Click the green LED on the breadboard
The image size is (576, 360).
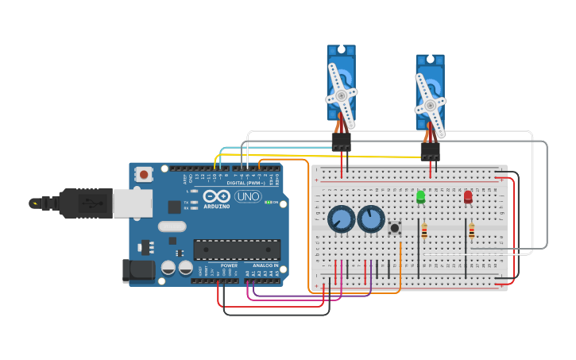pos(420,196)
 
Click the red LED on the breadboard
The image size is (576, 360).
pos(468,196)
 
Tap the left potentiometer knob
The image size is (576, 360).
pos(341,219)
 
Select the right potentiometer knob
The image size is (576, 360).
pos(371,219)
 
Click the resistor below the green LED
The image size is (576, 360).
pos(424,231)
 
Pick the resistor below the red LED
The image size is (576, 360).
pos(471,231)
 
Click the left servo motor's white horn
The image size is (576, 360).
pos(342,95)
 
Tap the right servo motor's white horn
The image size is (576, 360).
pos(431,104)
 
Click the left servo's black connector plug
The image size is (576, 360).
pos(341,141)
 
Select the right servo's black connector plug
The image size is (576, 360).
pos(430,150)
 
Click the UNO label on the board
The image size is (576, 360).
pos(248,196)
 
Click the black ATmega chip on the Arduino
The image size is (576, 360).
pos(237,250)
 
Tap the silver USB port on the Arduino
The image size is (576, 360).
pos(132,203)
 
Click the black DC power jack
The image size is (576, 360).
pos(138,270)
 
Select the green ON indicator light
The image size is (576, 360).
pos(268,202)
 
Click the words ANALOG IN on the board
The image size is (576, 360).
pos(265,265)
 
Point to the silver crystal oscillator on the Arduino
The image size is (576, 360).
pos(172,226)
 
